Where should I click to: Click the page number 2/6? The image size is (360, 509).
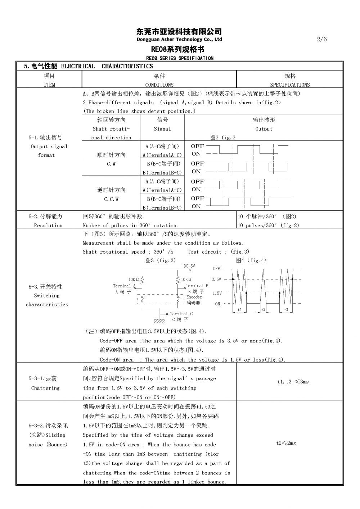[322, 39]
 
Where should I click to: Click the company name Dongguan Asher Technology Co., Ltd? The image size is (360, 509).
[179, 39]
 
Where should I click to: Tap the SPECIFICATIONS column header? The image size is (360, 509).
[290, 85]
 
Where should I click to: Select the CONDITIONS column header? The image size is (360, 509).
[159, 85]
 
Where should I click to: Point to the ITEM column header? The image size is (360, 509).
[49, 85]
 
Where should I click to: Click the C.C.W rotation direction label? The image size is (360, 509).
[111, 199]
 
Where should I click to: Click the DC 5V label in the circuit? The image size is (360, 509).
[189, 266]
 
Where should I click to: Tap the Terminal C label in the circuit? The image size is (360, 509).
[181, 314]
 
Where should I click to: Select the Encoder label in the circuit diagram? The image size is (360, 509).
[194, 297]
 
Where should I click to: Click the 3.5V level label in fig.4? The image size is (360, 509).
[216, 279]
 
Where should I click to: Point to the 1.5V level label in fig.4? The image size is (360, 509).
[217, 293]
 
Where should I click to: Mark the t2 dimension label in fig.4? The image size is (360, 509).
[263, 310]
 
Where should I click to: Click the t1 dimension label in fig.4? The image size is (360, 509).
[240, 310]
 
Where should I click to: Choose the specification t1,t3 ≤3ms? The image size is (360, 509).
[293, 382]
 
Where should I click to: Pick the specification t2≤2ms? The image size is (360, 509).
[286, 443]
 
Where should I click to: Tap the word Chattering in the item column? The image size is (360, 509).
[45, 388]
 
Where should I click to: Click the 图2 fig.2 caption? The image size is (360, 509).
[223, 137]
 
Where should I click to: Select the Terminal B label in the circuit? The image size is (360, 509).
[197, 286]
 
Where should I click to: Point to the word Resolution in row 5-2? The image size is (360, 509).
[48, 226]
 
